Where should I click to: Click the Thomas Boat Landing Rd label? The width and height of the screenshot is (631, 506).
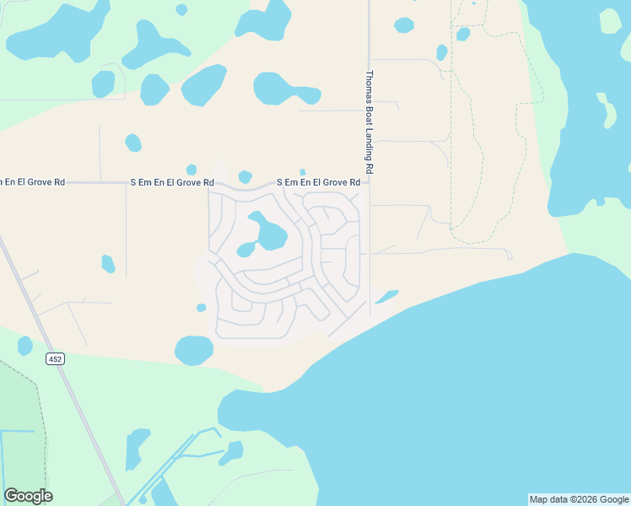[x=369, y=121]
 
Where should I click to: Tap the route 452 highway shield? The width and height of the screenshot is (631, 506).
[x=55, y=359]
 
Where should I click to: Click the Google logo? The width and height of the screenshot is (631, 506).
[x=28, y=496]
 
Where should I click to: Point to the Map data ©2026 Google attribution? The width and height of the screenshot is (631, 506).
[x=579, y=499]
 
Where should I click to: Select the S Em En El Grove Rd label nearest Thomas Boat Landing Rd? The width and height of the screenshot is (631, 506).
[x=319, y=182]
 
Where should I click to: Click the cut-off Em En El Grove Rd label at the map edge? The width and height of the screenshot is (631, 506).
[x=32, y=182]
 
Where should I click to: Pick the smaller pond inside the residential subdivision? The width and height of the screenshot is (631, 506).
[x=245, y=250]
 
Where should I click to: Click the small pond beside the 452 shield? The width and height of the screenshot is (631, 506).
[x=25, y=346]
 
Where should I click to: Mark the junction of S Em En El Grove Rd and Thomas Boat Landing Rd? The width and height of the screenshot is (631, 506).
[x=369, y=182]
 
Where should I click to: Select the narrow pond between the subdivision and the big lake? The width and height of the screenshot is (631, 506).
[x=386, y=297]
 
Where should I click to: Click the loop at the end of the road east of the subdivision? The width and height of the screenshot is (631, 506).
[x=509, y=254]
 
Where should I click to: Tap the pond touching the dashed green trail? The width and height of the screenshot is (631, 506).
[x=462, y=33]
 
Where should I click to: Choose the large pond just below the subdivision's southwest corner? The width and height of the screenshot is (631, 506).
[x=194, y=350]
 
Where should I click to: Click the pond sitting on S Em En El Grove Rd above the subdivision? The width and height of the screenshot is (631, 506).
[x=245, y=177]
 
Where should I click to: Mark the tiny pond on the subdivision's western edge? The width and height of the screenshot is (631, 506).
[x=201, y=308]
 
